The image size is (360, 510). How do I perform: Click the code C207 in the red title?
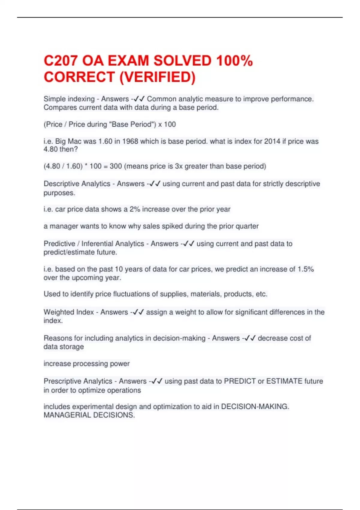61,61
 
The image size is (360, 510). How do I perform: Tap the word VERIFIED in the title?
157,77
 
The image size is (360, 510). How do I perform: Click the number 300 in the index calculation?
116,166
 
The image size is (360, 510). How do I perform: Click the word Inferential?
113,244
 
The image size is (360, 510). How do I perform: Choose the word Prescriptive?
63,381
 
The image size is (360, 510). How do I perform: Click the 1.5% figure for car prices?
306,269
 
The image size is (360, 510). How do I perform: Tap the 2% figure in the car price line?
135,209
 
